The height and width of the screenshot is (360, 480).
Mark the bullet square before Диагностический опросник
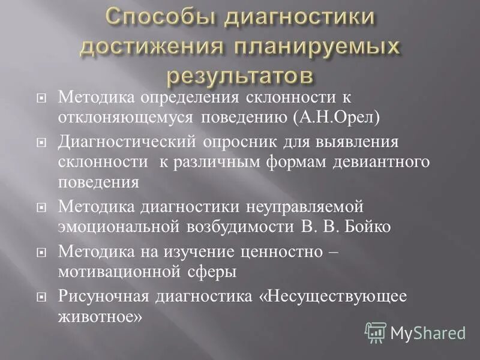coord(41,142)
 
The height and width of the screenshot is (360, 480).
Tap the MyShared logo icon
coord(376,332)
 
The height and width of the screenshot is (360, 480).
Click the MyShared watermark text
coord(428,332)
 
